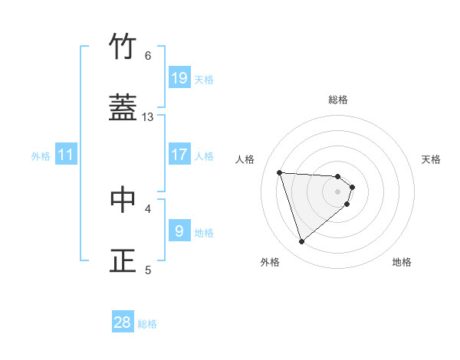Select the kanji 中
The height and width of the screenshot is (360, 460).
pyautogui.click(x=123, y=199)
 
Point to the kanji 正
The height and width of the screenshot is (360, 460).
pyautogui.click(x=123, y=260)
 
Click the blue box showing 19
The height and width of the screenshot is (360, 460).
pyautogui.click(x=179, y=78)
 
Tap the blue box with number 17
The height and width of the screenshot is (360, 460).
pyautogui.click(x=179, y=155)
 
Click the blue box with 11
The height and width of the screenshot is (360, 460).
pyautogui.click(x=66, y=155)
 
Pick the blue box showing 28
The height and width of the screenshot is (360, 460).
pyautogui.click(x=123, y=322)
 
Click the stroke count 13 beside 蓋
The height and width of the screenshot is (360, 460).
pyautogui.click(x=148, y=117)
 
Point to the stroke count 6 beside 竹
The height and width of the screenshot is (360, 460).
pyautogui.click(x=148, y=56)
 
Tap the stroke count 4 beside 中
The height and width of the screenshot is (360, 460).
pyautogui.click(x=148, y=208)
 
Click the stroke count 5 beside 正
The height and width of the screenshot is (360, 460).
pyautogui.click(x=148, y=270)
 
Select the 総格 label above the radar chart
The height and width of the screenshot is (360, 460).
pyautogui.click(x=338, y=100)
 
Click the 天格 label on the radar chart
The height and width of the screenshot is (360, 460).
pyautogui.click(x=432, y=159)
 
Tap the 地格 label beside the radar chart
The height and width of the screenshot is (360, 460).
pyautogui.click(x=402, y=262)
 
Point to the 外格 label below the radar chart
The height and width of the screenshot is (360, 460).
pyautogui.click(x=270, y=262)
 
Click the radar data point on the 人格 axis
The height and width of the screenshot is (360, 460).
pyautogui.click(x=280, y=172)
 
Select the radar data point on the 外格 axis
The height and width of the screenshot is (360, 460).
pyautogui.click(x=301, y=242)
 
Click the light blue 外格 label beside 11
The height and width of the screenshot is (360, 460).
pyautogui.click(x=41, y=156)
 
